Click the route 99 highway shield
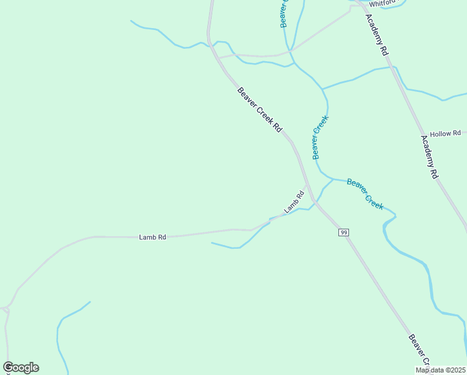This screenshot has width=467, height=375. (x=343, y=232)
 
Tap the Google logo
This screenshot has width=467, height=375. (x=21, y=367)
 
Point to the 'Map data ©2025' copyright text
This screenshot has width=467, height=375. (x=441, y=370)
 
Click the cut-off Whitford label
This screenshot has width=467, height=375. (x=382, y=2)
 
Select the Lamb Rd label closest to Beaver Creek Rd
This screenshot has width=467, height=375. (x=293, y=202)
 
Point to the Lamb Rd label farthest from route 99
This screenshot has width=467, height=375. (x=153, y=237)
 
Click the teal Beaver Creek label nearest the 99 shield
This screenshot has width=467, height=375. (x=365, y=193)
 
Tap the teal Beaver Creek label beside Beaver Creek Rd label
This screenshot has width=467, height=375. (x=320, y=137)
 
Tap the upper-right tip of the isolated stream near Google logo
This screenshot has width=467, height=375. (x=90, y=302)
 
